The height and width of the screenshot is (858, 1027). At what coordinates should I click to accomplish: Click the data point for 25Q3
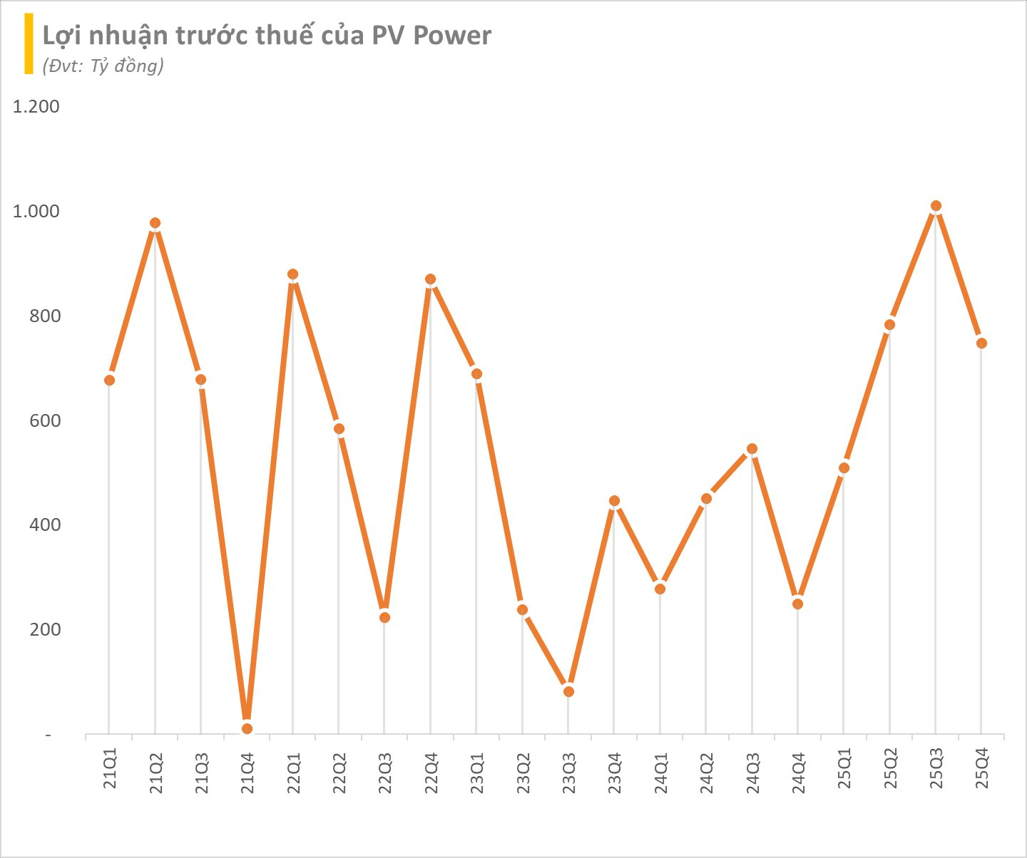(936, 206)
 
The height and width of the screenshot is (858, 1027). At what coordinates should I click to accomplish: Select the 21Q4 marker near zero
(247, 728)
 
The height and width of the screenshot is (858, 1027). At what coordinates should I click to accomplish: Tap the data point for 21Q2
(155, 223)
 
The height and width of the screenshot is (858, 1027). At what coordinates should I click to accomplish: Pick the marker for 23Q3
(568, 691)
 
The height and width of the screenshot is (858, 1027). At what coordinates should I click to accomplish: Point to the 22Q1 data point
(292, 274)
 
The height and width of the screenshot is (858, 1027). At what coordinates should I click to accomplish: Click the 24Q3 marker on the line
(752, 449)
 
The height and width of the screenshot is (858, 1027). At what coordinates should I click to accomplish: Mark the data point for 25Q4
(981, 343)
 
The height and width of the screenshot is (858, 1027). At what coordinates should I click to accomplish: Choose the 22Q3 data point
(384, 617)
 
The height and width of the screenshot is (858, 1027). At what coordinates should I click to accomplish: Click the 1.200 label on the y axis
(36, 107)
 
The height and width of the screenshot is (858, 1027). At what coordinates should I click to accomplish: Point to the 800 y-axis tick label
(44, 316)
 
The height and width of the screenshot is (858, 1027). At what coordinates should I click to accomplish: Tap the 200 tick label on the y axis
(44, 630)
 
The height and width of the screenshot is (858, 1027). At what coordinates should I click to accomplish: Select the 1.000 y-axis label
(36, 212)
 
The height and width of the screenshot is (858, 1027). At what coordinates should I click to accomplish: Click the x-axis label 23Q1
(477, 773)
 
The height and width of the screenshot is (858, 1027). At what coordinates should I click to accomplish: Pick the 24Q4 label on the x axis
(798, 773)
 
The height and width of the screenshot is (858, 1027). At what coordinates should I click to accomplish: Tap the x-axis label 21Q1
(110, 773)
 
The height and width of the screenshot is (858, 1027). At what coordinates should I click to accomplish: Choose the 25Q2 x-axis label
(890, 773)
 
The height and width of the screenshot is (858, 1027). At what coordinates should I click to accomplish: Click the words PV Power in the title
(431, 36)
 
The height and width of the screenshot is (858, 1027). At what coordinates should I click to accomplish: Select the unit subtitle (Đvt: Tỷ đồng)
(103, 66)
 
